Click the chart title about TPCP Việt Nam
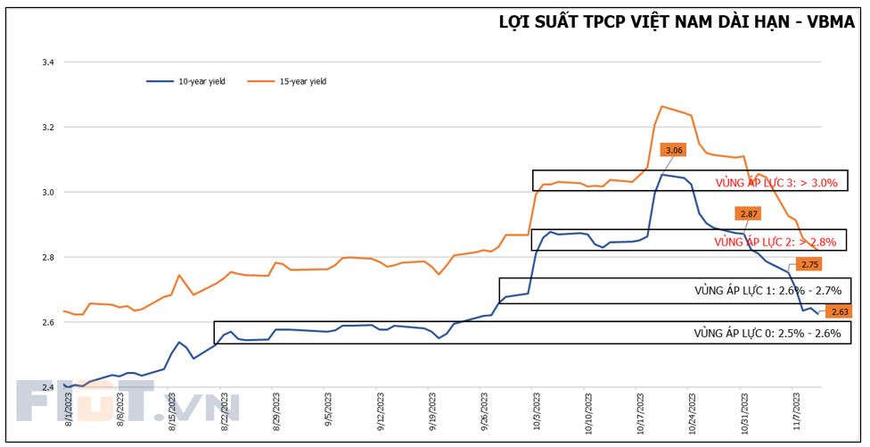click(x=677, y=21)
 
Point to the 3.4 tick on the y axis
click(x=47, y=62)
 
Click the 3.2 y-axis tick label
click(x=47, y=128)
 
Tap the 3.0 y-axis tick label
click(x=47, y=193)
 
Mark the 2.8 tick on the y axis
click(x=47, y=258)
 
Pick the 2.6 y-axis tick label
click(x=47, y=322)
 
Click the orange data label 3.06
click(x=674, y=150)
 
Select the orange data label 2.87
click(x=748, y=213)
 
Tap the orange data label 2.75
click(x=809, y=264)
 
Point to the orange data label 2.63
click(x=839, y=311)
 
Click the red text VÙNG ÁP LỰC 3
click(x=776, y=183)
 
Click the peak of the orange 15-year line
click(x=661, y=106)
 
